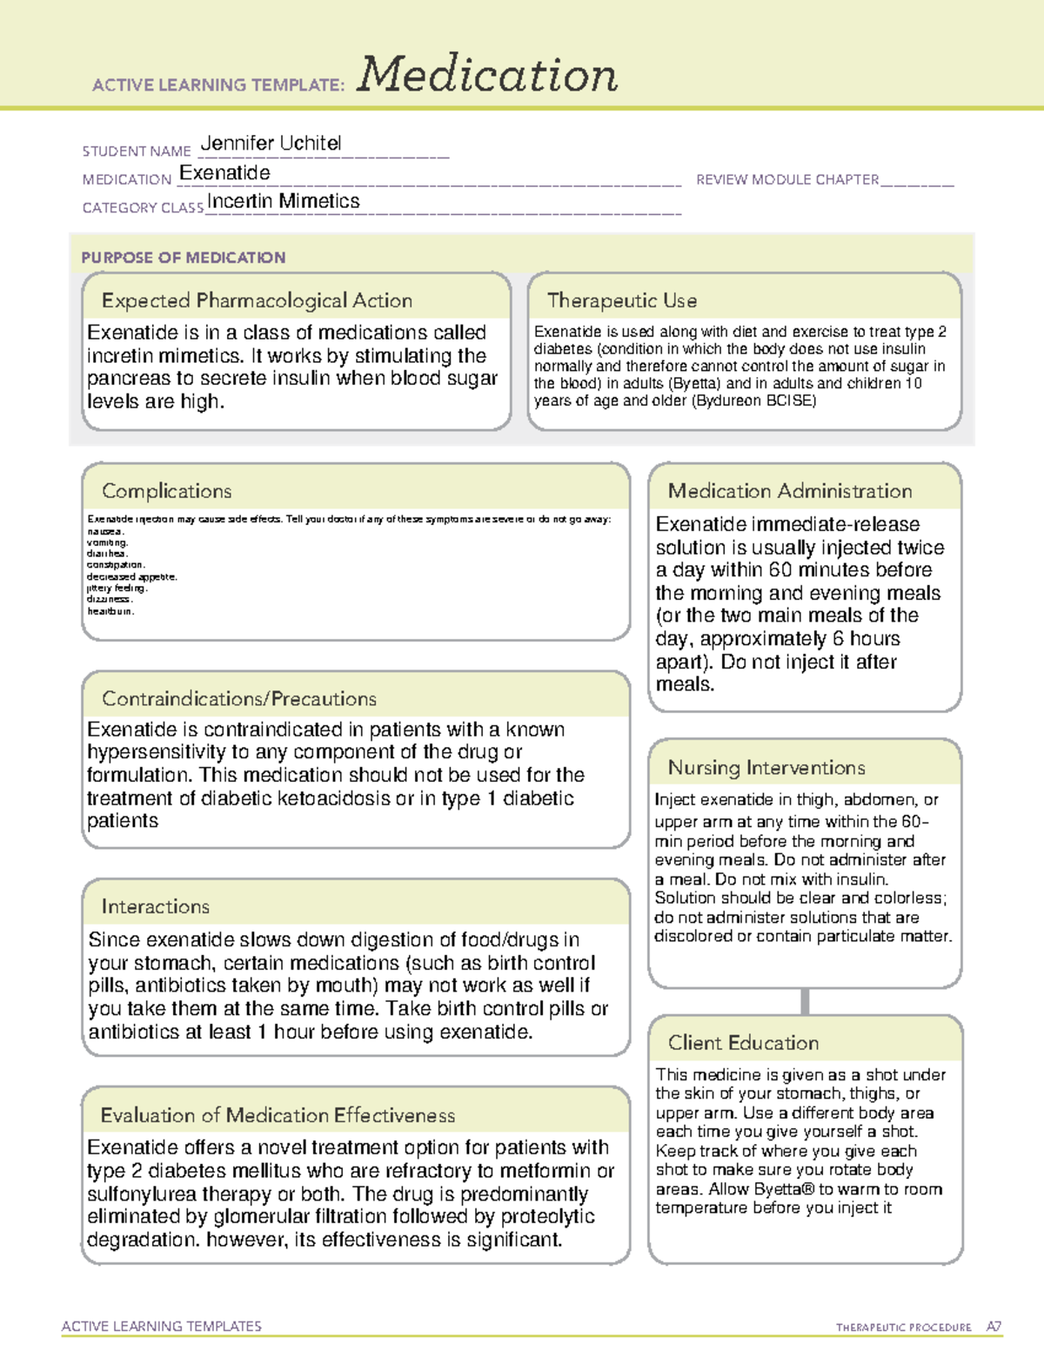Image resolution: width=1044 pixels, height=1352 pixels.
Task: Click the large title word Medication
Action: (487, 75)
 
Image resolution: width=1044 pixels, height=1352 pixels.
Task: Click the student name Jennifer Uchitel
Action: (271, 144)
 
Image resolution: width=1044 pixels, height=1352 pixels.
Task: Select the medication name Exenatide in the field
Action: (224, 173)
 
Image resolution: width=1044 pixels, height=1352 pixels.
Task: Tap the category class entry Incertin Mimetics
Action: (283, 201)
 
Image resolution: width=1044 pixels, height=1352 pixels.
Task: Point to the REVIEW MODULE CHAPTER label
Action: (787, 180)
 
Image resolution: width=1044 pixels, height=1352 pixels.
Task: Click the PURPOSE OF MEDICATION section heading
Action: (184, 258)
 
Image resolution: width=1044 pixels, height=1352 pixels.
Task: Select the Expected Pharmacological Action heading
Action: (257, 301)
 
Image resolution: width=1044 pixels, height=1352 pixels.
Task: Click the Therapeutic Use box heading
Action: (621, 301)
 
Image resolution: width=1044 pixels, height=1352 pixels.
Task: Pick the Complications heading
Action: (166, 492)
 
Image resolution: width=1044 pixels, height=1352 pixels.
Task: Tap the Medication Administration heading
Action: (789, 492)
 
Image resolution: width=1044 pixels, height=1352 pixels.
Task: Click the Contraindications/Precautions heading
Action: (239, 699)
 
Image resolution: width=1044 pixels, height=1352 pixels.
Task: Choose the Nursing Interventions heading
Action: (766, 768)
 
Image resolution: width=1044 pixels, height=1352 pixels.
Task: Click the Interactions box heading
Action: (155, 907)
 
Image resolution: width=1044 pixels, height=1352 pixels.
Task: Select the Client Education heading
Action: (743, 1043)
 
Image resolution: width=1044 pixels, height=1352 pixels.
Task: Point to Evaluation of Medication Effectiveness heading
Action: (278, 1116)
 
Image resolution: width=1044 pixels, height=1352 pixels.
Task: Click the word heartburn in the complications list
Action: (110, 611)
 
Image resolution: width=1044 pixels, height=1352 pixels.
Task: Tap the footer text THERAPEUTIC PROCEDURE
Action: (903, 1328)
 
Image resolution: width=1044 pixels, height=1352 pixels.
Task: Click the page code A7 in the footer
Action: (994, 1327)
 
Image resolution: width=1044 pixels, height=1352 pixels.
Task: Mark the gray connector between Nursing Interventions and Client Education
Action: (805, 1001)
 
